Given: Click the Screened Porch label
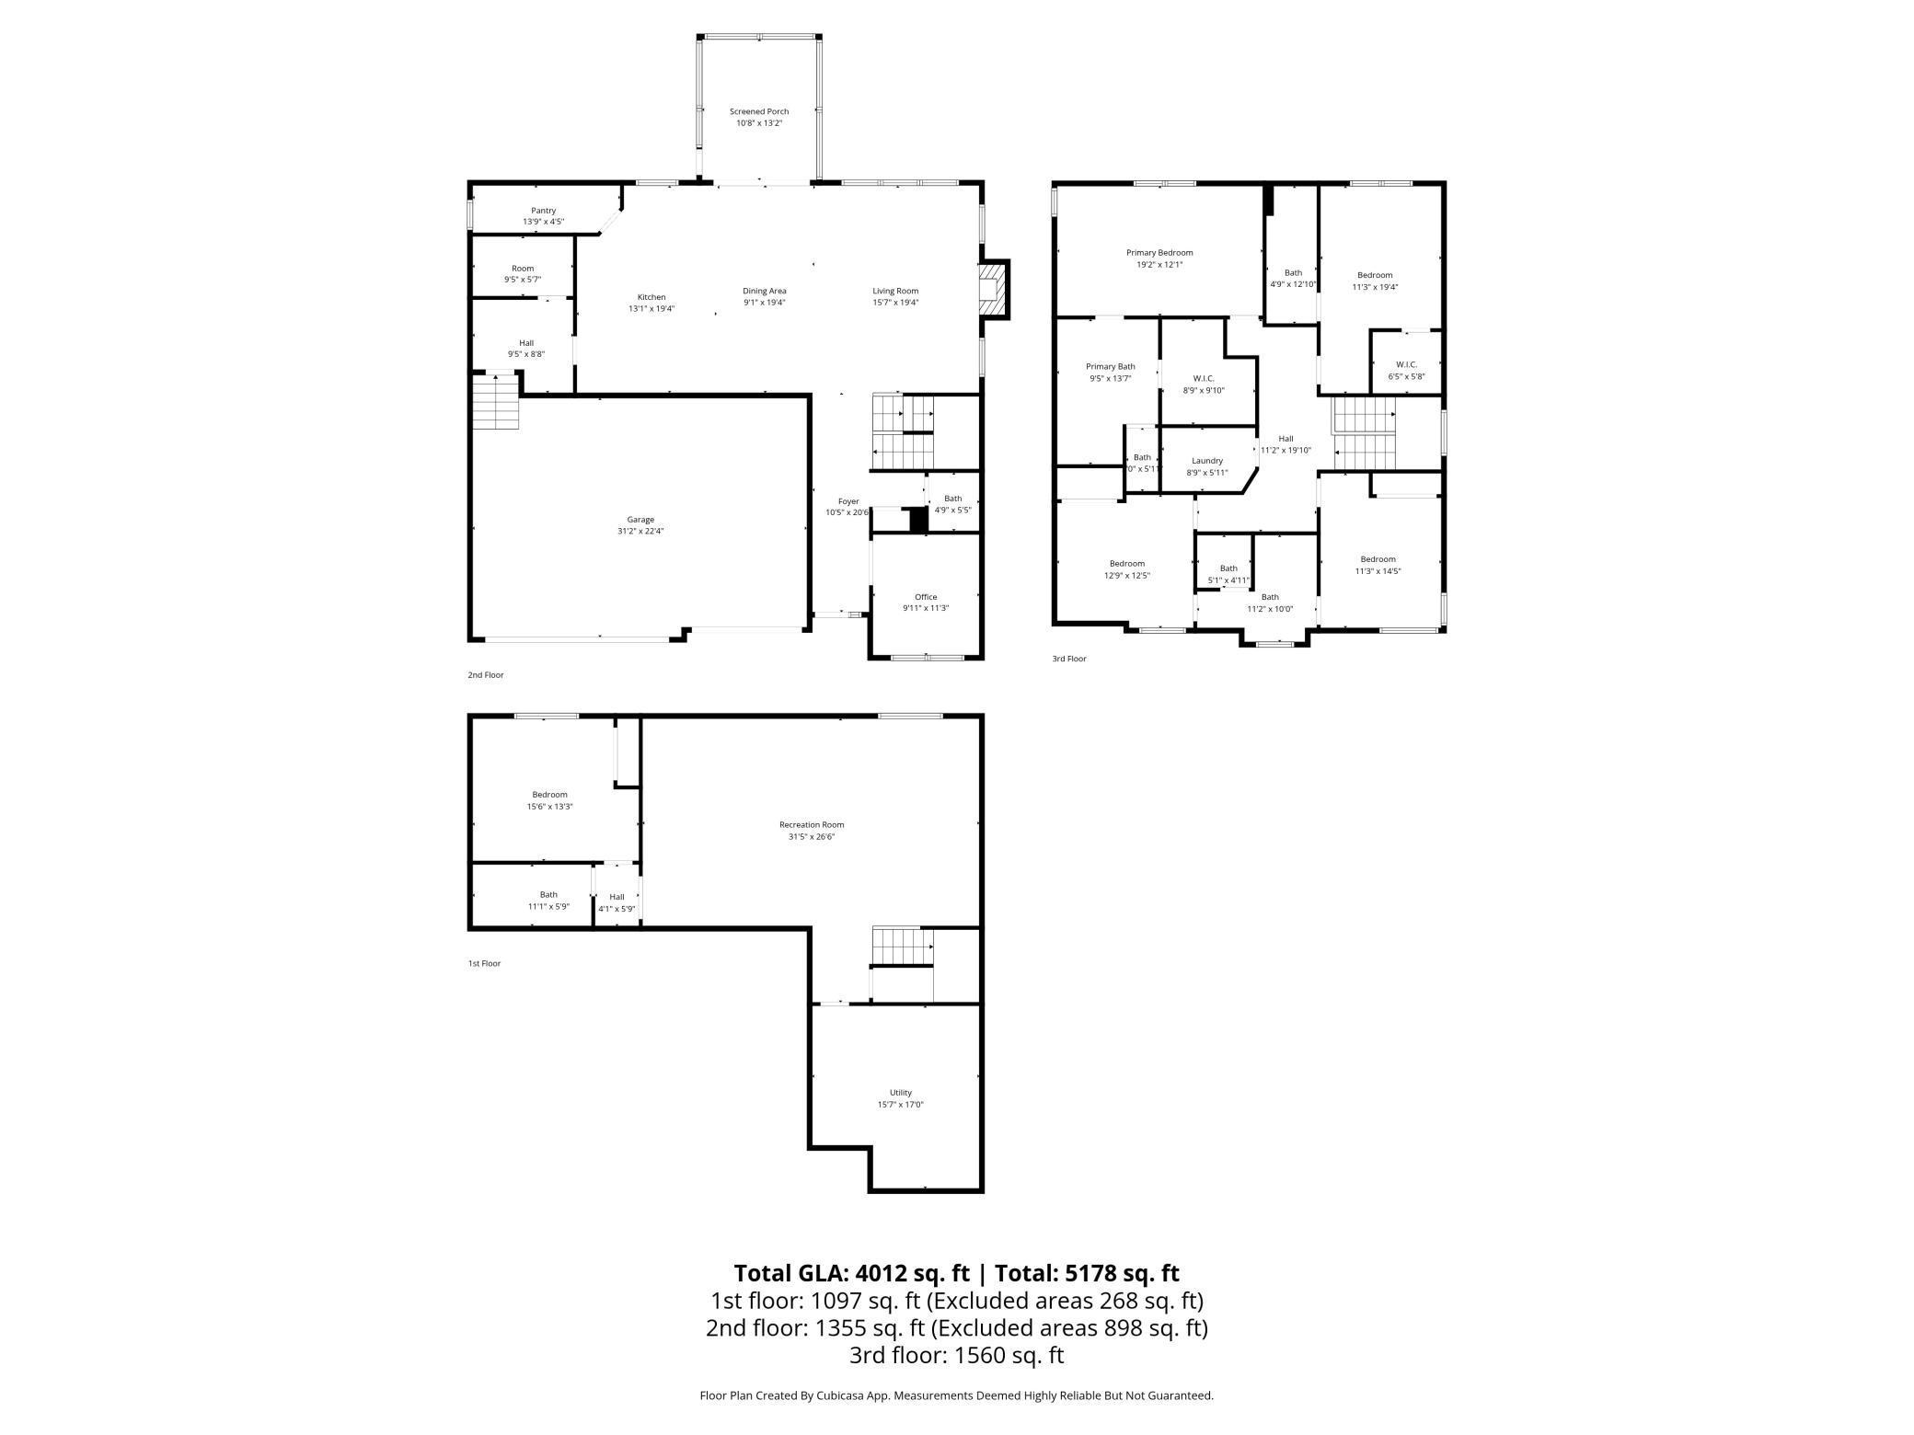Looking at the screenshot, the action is click(759, 111).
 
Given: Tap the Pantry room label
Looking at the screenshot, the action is click(543, 211).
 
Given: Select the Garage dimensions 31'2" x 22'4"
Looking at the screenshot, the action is click(640, 531).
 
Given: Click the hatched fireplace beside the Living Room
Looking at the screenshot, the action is click(993, 290).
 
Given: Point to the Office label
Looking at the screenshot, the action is click(926, 597).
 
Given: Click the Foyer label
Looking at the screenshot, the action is click(848, 501).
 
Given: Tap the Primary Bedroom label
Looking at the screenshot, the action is click(1159, 253).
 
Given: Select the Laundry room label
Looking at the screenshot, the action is click(1207, 461).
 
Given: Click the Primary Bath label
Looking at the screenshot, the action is click(1111, 367).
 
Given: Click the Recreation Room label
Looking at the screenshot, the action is click(812, 825).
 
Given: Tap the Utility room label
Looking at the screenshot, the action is click(901, 1093).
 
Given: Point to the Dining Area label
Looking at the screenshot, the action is click(765, 291).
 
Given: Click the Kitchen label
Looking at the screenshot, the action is click(651, 297).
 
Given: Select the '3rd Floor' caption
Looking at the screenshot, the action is click(1069, 659).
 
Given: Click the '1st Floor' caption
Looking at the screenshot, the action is click(485, 963).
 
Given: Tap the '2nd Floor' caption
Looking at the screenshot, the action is click(486, 675).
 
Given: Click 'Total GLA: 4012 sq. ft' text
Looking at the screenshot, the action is click(851, 1273).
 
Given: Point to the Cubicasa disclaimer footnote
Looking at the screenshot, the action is click(957, 1395).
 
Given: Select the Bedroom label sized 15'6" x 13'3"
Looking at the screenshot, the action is click(550, 795).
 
